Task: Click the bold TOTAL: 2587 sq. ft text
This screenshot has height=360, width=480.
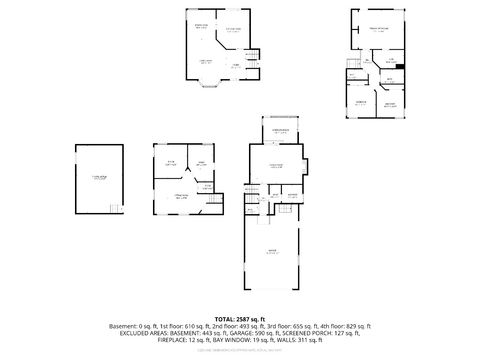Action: tap(241, 317)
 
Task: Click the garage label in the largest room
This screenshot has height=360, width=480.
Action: tap(271, 251)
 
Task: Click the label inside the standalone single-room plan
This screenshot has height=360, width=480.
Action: tap(97, 178)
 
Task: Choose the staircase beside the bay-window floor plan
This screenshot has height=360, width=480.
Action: tap(253, 59)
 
